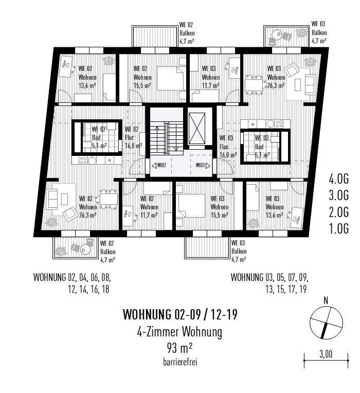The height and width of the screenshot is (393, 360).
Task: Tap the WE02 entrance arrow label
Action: (159, 166)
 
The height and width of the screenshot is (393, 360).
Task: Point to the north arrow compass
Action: (326, 323)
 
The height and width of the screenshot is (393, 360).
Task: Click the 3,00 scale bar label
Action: (326, 354)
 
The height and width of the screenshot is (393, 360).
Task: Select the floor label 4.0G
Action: (339, 180)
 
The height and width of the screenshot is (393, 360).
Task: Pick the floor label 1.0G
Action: (339, 228)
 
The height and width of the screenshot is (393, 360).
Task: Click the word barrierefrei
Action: (179, 362)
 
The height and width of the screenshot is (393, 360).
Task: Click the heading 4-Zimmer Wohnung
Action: (179, 332)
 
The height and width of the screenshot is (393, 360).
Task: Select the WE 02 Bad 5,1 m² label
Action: (98, 138)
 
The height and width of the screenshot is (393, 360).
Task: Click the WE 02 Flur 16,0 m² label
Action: (133, 137)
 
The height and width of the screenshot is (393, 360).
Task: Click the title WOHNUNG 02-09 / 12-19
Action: (179, 314)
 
